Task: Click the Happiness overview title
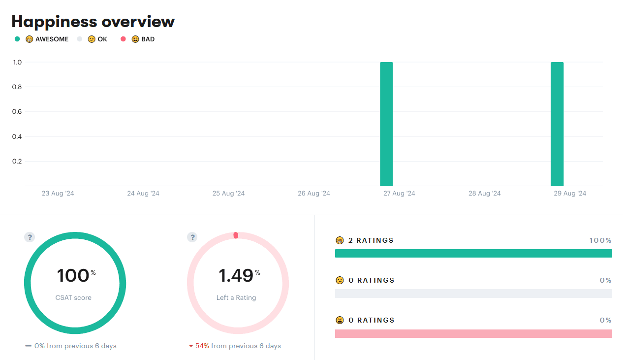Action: pos(93,21)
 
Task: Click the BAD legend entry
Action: pos(143,39)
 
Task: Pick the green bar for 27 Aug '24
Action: pos(386,124)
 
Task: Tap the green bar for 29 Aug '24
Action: pos(557,124)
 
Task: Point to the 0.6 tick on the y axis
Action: pos(17,112)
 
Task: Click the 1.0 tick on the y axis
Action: pos(17,63)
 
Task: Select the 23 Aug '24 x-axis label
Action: pos(58,194)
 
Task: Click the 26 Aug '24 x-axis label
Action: pos(314,194)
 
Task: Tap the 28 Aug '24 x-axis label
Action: pos(485,194)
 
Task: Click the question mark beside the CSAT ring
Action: pos(30,237)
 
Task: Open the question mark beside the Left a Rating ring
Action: pos(192,237)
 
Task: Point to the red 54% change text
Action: pos(202,346)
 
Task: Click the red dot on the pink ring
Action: pos(236,235)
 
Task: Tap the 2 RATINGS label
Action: pos(371,241)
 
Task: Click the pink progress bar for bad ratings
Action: pos(473,333)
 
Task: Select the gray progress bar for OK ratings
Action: pos(473,294)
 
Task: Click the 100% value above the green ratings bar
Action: pos(600,241)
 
